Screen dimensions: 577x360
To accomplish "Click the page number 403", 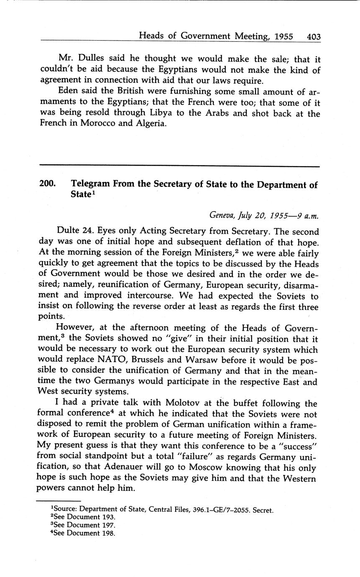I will pos(314,37).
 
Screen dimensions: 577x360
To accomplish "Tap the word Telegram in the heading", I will pos(90,184).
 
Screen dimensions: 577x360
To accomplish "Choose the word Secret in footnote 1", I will pos(262,510).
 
